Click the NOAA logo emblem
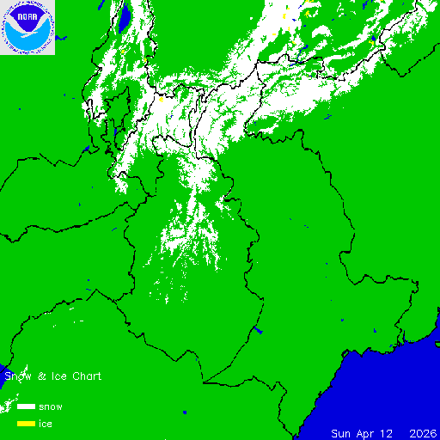coord(27,27)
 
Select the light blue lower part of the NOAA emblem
coord(27,41)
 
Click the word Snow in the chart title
coord(16,376)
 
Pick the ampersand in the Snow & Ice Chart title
coord(40,376)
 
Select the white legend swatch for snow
coord(26,406)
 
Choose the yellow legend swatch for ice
coord(26,424)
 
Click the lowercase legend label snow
coord(50,406)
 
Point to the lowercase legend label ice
coord(46,424)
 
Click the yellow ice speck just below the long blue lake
coord(124,51)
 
